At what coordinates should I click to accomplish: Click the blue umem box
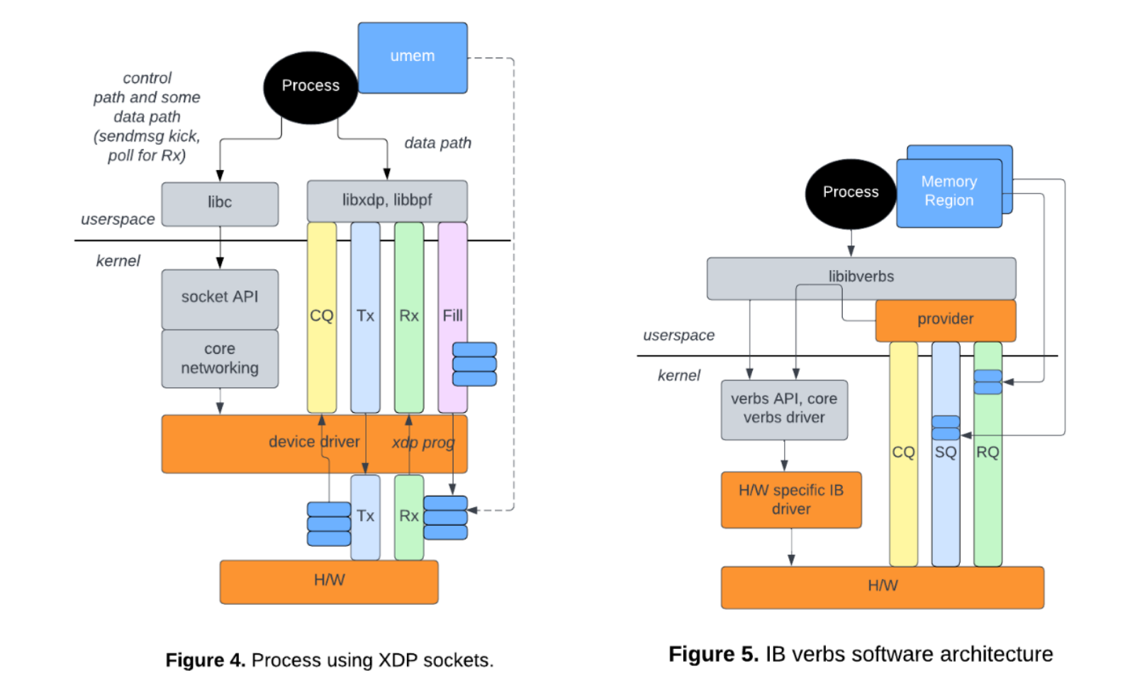pyautogui.click(x=412, y=57)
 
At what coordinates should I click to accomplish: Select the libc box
pyautogui.click(x=220, y=204)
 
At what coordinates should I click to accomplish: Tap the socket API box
pyautogui.click(x=220, y=298)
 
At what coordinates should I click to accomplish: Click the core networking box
pyautogui.click(x=220, y=359)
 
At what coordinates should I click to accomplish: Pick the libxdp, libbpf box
pyautogui.click(x=387, y=201)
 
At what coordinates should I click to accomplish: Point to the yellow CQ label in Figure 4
pyautogui.click(x=321, y=316)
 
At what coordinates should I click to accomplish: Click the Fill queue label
pyautogui.click(x=452, y=316)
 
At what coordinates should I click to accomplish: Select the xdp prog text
pyautogui.click(x=423, y=443)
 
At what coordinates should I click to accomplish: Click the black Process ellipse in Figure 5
pyautogui.click(x=850, y=193)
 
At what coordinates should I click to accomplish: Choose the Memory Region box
pyautogui.click(x=948, y=192)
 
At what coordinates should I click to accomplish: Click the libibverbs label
pyautogui.click(x=861, y=277)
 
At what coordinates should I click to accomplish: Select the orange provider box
pyautogui.click(x=945, y=320)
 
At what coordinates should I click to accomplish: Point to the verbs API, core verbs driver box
pyautogui.click(x=784, y=409)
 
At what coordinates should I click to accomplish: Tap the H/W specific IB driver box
pyautogui.click(x=791, y=500)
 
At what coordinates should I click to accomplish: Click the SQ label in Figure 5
pyautogui.click(x=945, y=452)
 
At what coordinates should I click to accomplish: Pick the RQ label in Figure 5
pyautogui.click(x=987, y=452)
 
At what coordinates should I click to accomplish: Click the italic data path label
pyautogui.click(x=437, y=143)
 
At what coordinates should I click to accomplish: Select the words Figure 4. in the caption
pyautogui.click(x=205, y=660)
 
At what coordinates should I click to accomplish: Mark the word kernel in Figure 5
pyautogui.click(x=678, y=376)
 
